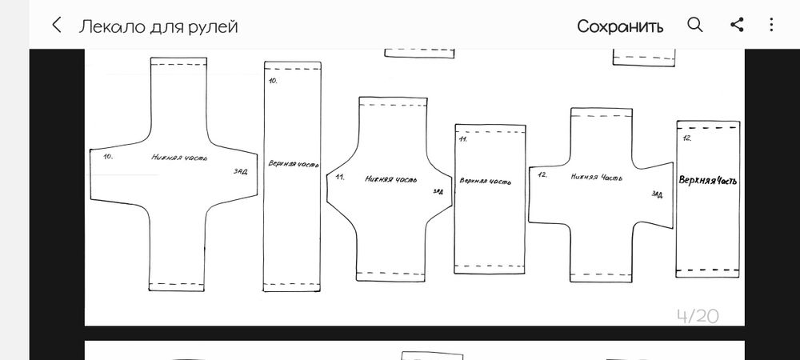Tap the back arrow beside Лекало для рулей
coord(57,25)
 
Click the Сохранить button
coord(620,26)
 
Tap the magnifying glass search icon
coord(695,25)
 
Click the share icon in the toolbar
coord(737,25)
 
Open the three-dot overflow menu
coord(771,25)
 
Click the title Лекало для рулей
coord(158,26)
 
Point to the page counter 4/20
coord(698,316)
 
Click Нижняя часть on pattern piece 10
coord(179,157)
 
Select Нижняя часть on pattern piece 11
coord(391,179)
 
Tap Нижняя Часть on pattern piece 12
coord(597,178)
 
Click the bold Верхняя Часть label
coord(708,180)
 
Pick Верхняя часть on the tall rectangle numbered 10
coord(294,164)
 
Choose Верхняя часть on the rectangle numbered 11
coord(485,181)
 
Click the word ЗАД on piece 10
coord(240,171)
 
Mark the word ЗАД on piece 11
coord(438,191)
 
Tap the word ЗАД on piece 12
coord(657,194)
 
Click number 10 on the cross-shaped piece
coord(108,157)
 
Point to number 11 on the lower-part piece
coord(340,177)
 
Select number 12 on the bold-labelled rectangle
coord(686,138)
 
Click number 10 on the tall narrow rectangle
coord(273,81)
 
